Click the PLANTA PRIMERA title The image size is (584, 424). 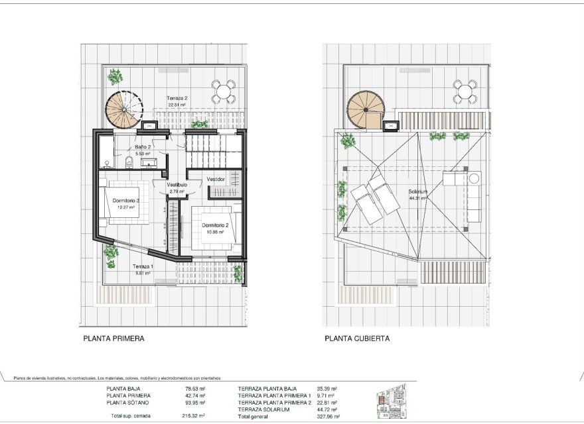coord(113,338)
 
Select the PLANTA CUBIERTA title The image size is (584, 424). coord(357,338)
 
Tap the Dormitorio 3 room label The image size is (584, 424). coord(125,200)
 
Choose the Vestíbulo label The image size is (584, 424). coord(177,185)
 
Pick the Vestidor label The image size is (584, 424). coord(216,180)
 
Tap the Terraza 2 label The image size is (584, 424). coord(177,98)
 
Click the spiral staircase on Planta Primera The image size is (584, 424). coord(124,109)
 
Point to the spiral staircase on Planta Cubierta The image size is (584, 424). coord(366,110)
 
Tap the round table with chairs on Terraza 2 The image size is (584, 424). coord(224,91)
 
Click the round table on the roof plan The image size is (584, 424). coord(465,91)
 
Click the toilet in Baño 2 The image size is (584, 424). coord(128,159)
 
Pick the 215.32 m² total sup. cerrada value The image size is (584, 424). coord(193,417)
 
